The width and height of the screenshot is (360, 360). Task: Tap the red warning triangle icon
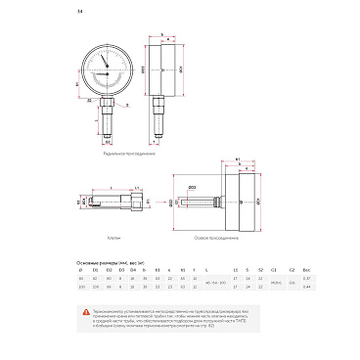84,311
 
